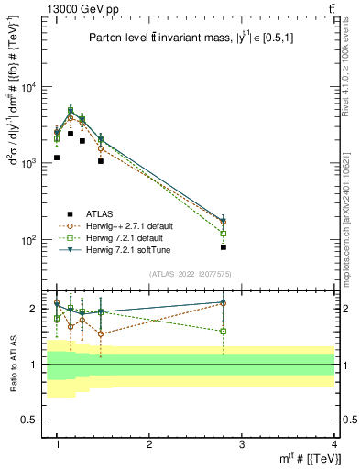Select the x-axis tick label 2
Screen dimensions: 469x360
[149, 444]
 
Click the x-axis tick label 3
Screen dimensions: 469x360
[242, 444]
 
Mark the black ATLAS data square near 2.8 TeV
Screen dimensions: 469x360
[224, 247]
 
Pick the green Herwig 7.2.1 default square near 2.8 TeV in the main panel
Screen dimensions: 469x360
[224, 234]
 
